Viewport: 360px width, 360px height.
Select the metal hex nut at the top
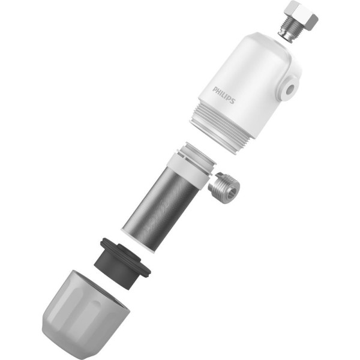(302, 13)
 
